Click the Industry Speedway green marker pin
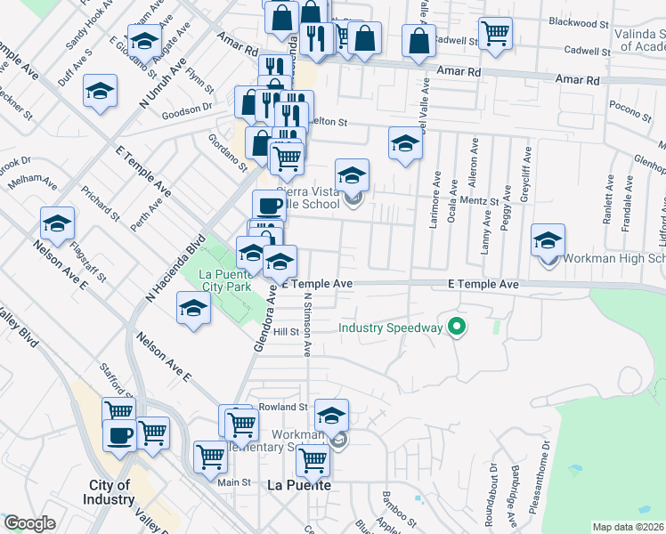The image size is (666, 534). point(458,328)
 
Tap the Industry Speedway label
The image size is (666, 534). point(390,328)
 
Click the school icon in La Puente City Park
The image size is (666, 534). point(193,309)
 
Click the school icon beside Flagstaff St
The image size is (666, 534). point(58,224)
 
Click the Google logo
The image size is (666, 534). point(29,523)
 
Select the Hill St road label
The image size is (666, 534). point(285,331)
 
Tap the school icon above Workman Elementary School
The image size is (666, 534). point(330,413)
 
